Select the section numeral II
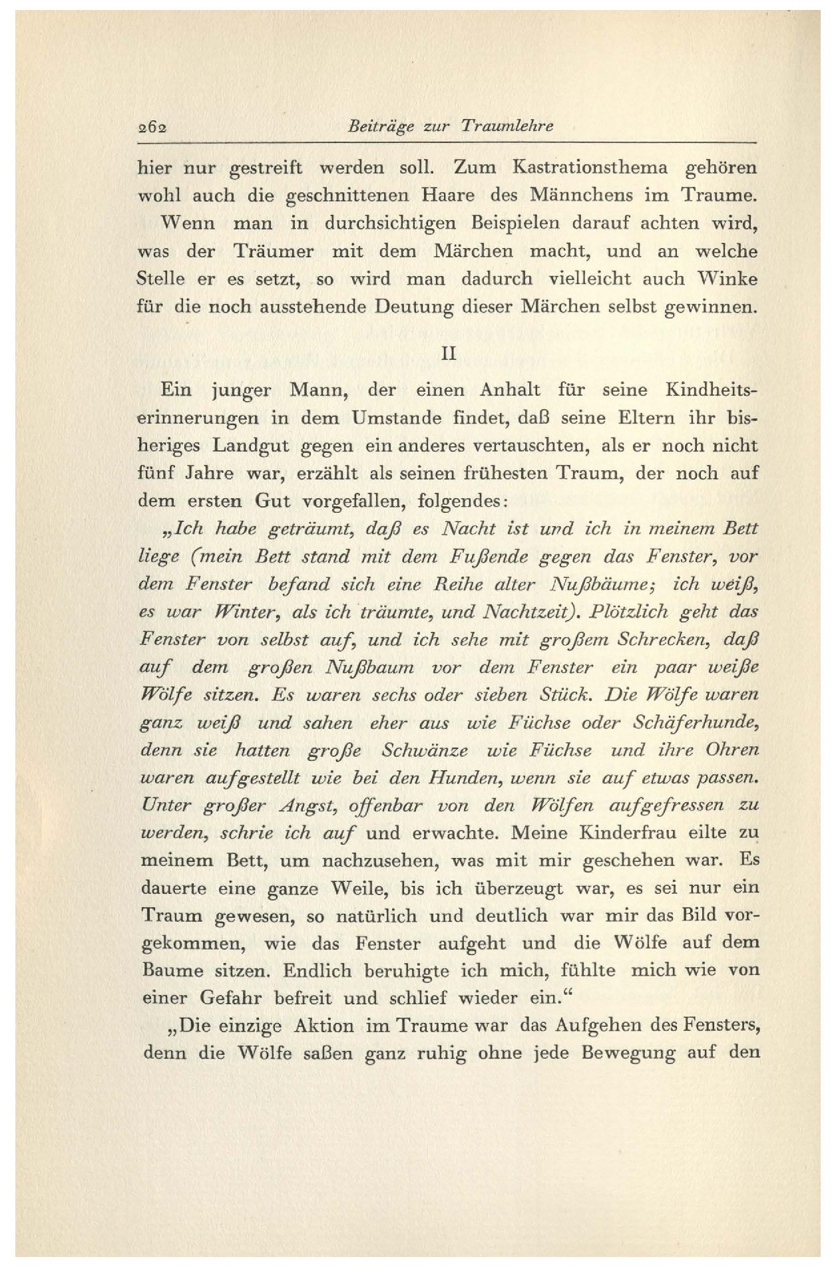(449, 354)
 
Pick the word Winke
(731, 279)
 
